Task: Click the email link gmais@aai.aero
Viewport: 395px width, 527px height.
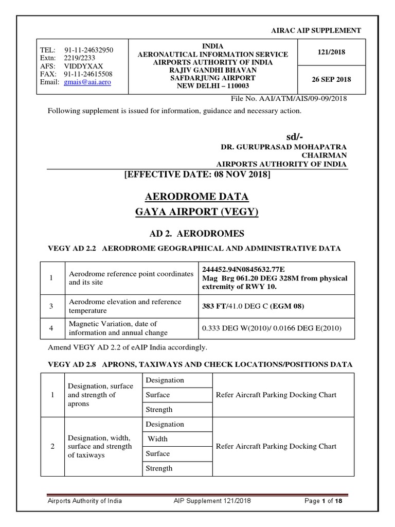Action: pyautogui.click(x=87, y=82)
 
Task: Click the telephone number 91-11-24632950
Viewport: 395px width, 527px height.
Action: pyautogui.click(x=89, y=50)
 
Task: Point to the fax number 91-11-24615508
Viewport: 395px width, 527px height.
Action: pyautogui.click(x=89, y=74)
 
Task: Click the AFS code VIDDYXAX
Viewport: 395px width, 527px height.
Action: pyautogui.click(x=84, y=66)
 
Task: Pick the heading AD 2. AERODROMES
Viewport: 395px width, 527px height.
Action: pyautogui.click(x=197, y=233)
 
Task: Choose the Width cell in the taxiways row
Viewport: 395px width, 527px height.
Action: pyautogui.click(x=158, y=439)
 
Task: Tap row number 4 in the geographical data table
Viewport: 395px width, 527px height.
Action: pyautogui.click(x=51, y=328)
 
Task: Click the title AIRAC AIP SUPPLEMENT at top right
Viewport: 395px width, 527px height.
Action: pyautogui.click(x=316, y=31)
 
